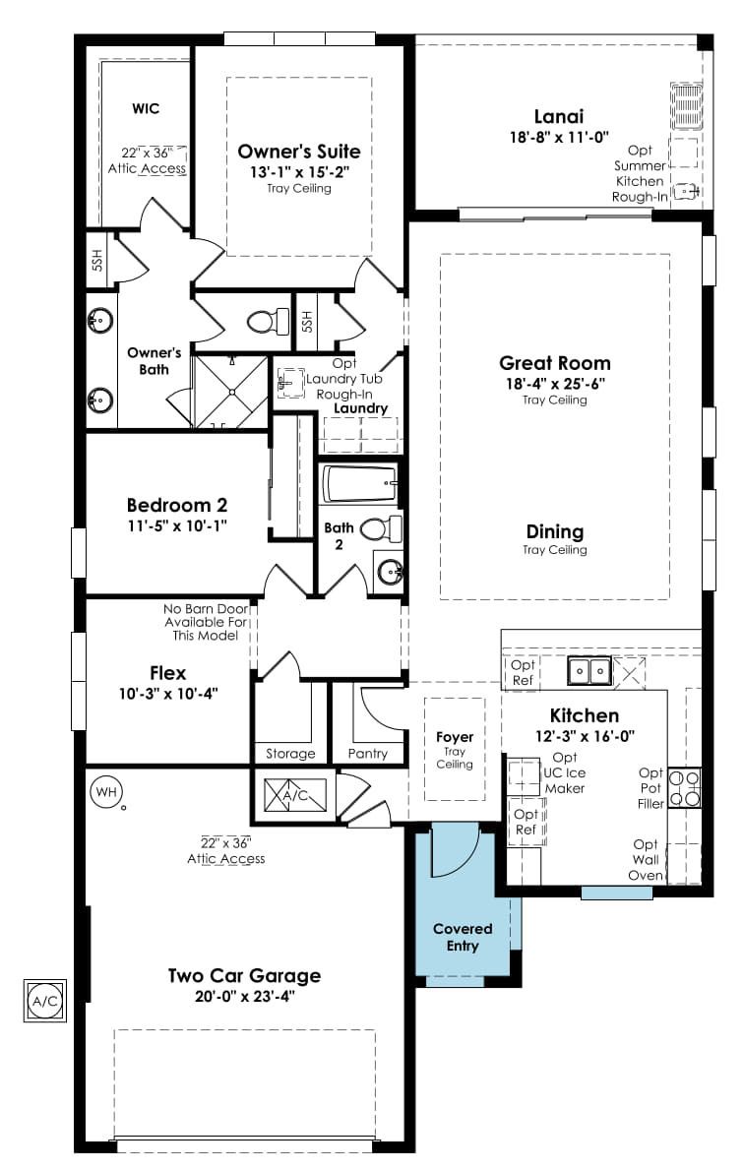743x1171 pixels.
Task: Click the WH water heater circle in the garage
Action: point(106,791)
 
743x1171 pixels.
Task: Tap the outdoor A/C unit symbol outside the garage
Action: point(45,1001)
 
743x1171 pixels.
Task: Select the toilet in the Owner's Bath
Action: point(268,322)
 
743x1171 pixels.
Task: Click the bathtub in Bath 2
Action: point(359,484)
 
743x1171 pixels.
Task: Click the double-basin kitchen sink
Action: point(589,671)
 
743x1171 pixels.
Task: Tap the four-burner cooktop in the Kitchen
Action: point(684,788)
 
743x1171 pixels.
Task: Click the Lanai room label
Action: point(559,116)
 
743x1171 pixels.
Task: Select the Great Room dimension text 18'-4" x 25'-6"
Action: point(555,384)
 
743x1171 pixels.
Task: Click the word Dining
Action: point(555,531)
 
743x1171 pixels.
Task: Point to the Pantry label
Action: point(367,755)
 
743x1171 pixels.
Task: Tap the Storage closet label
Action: point(290,755)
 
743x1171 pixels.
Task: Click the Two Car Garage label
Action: point(244,975)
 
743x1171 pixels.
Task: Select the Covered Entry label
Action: point(463,937)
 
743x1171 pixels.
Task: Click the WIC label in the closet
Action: point(146,108)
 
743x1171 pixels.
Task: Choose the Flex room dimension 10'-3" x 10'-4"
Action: point(168,694)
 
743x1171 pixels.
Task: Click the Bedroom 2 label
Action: point(177,505)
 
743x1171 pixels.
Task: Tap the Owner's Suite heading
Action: point(299,152)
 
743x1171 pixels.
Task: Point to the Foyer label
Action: point(455,737)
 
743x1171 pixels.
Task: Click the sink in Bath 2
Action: point(390,572)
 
